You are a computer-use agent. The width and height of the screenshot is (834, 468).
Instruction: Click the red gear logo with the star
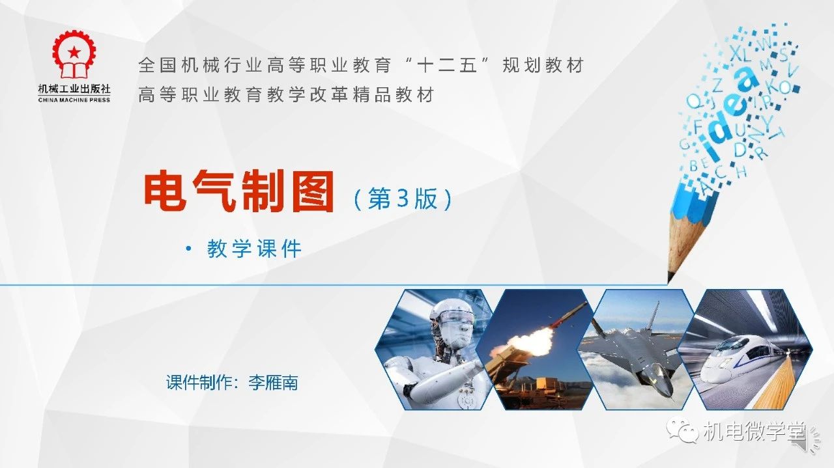(74, 55)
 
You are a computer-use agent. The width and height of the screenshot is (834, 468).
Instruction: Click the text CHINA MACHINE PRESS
(74, 100)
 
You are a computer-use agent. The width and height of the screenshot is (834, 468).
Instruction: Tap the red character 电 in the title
(165, 191)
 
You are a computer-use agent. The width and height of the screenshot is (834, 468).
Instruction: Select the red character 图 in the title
(313, 191)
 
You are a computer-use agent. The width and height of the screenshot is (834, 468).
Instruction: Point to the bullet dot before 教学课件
(188, 249)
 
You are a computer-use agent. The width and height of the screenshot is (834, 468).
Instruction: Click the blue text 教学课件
(254, 249)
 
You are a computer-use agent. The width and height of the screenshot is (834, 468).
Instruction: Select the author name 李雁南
(273, 383)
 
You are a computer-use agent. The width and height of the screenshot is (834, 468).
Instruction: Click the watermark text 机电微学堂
(755, 432)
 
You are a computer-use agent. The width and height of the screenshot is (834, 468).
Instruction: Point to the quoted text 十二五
(447, 65)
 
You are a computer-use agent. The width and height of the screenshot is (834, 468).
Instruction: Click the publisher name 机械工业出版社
(74, 89)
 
